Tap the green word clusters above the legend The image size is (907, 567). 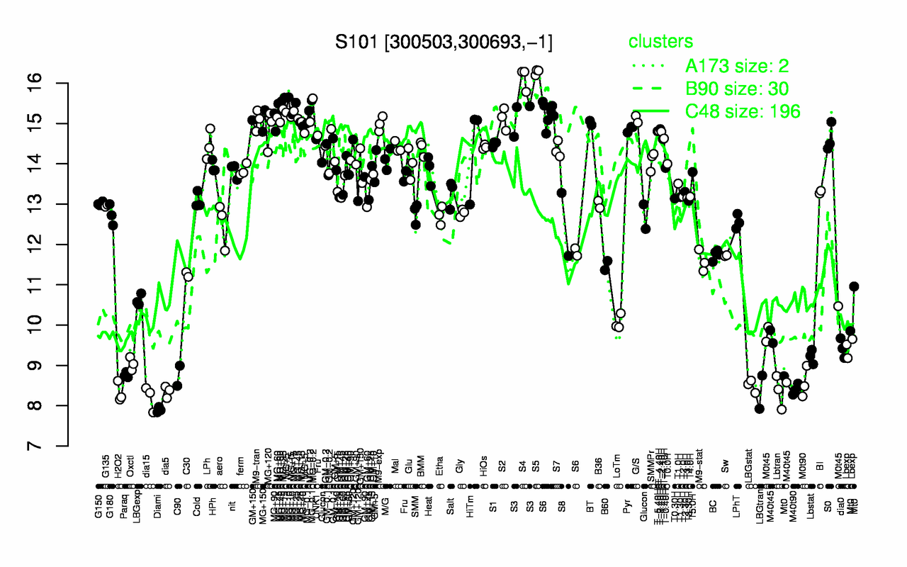point(661,42)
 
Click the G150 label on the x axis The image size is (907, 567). point(98,472)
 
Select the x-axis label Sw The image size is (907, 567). point(724,472)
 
